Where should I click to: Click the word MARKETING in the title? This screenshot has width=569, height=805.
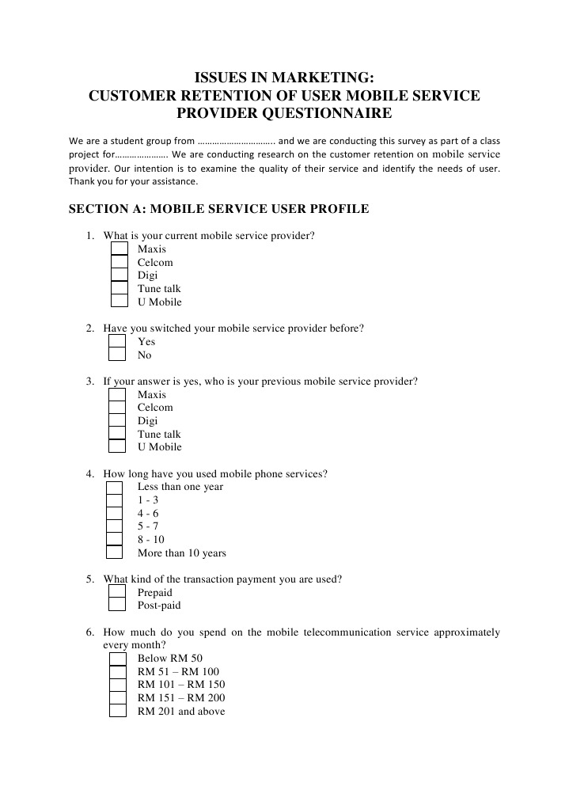pos(327,78)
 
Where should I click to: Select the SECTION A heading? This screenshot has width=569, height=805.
pos(219,210)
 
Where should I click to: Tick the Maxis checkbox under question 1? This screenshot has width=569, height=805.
pos(119,249)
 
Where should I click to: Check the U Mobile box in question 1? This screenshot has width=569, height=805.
pos(119,301)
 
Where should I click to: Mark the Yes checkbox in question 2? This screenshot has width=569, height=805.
pos(117,342)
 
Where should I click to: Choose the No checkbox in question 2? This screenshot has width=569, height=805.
pos(117,355)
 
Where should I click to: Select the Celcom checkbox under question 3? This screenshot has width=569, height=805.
pos(117,408)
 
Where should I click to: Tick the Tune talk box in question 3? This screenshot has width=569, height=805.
pos(117,433)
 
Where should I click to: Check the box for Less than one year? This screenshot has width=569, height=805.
pos(115,487)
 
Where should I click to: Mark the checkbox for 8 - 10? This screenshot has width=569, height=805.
pos(115,540)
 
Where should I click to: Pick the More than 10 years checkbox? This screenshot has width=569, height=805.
pos(115,552)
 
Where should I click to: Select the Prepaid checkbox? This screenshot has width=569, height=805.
pos(117,592)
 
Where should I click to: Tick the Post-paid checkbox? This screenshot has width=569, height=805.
pos(117,606)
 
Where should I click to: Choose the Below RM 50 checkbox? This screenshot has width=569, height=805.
pos(118,659)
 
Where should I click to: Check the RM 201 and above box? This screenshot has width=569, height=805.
pos(118,710)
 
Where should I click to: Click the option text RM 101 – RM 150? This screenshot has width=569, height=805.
pos(181,685)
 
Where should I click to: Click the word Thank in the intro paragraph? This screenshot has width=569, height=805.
pos(83,181)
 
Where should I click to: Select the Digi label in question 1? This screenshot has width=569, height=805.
pos(147,275)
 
